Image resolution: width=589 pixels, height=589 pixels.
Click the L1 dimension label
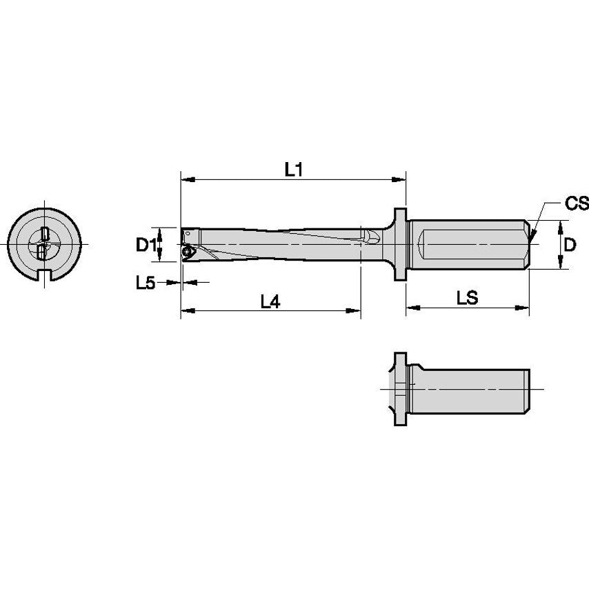(294, 169)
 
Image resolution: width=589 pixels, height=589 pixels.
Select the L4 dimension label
(270, 301)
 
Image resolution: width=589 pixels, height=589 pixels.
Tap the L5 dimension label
(145, 282)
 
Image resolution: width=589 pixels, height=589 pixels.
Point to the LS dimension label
(468, 297)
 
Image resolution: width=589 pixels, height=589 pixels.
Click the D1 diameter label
(143, 244)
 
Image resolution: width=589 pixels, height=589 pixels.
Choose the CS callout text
(576, 203)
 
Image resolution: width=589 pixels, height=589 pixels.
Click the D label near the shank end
(570, 244)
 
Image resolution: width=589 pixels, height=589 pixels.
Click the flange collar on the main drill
(399, 244)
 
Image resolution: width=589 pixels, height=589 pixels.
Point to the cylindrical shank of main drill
(469, 244)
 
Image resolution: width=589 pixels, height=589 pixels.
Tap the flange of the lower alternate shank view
(399, 390)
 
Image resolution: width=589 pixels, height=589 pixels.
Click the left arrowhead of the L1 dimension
(185, 180)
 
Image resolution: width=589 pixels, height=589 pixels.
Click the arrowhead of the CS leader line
(532, 237)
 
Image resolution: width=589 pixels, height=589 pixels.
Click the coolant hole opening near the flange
(372, 237)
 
